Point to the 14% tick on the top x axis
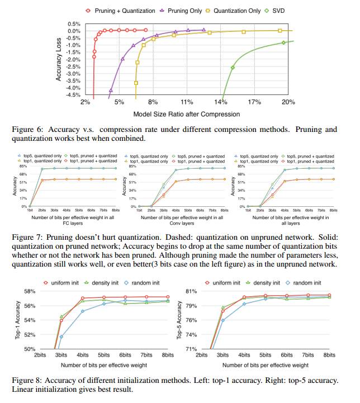[221, 103]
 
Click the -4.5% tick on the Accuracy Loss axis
[74, 95]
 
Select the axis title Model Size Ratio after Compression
[187, 114]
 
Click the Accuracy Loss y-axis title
[59, 59]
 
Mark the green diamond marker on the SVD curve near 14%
[233, 68]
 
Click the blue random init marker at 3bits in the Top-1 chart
[61, 336]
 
